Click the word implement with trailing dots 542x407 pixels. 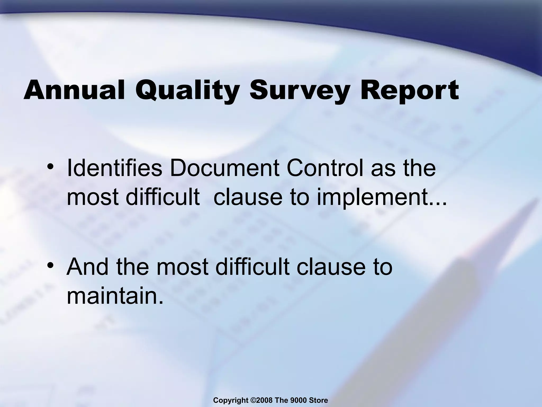tap(381, 197)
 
